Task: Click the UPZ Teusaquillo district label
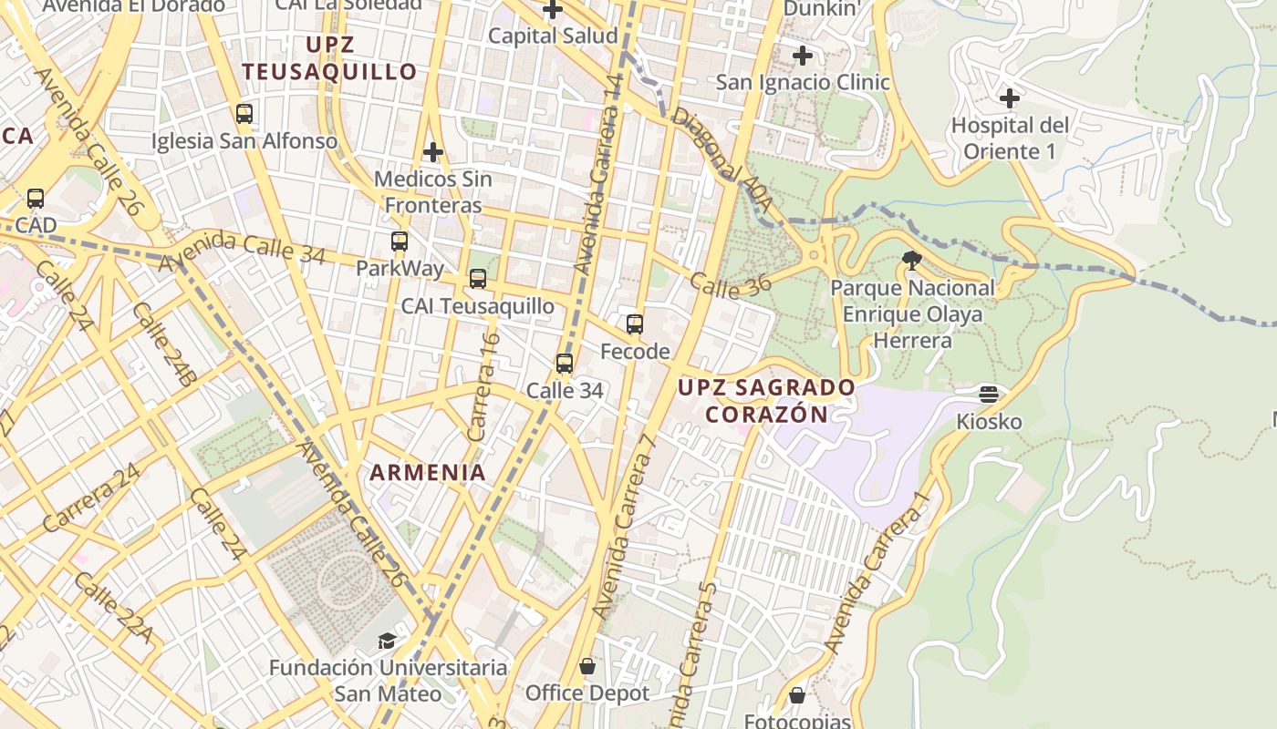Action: (x=329, y=58)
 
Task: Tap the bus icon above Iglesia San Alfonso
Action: (x=244, y=114)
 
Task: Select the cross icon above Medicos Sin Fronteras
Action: (x=433, y=151)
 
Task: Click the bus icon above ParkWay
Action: (x=400, y=241)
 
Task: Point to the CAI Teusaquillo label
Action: (x=477, y=306)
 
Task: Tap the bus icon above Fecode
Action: (x=635, y=324)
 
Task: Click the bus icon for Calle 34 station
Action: (x=565, y=364)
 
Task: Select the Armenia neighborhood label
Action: (x=428, y=473)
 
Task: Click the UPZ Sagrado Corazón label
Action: (x=766, y=401)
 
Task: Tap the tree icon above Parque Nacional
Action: (x=911, y=261)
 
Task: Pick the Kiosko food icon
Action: (x=989, y=395)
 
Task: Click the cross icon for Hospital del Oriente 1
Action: (x=1009, y=98)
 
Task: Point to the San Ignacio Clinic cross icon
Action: (x=803, y=56)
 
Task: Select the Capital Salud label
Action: (x=553, y=36)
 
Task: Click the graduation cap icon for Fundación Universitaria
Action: (x=388, y=641)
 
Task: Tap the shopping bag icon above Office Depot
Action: (x=587, y=666)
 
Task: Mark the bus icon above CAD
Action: (x=36, y=198)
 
